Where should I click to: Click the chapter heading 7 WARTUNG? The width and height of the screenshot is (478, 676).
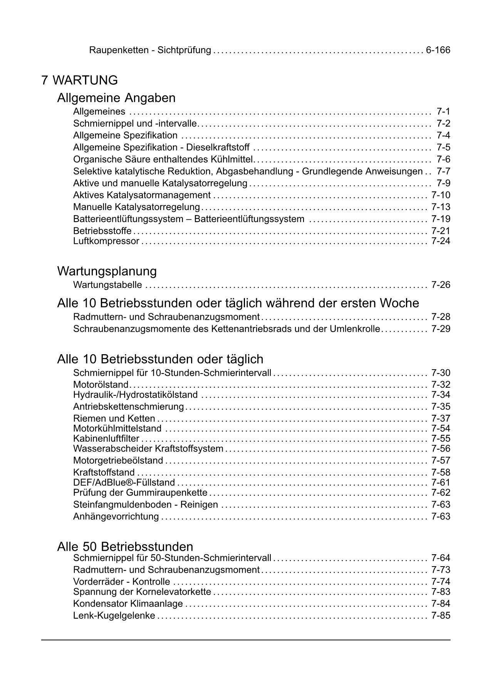pos(79,81)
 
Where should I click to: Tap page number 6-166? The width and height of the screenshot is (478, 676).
pos(438,50)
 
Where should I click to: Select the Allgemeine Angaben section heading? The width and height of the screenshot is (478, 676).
pos(116,98)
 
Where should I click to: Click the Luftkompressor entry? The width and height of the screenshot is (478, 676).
pos(106,241)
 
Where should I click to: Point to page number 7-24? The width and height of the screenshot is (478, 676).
pos(441,241)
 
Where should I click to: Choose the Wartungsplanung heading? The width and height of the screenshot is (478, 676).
pos(107,271)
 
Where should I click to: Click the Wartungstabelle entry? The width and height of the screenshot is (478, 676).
pos(107,285)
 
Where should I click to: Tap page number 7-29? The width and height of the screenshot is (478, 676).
pos(441,329)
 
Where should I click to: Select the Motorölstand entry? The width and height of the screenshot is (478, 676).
pos(101,385)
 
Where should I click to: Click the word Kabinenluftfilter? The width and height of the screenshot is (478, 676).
pos(106,439)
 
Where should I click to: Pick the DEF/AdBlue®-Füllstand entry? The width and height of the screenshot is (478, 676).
pos(124,483)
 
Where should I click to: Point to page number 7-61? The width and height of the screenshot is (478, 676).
pos(441,483)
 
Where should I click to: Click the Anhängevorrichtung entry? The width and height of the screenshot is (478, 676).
pos(116,516)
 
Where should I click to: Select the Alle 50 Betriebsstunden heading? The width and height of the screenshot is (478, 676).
pos(125,547)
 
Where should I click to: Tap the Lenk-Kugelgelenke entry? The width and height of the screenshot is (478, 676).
pos(114,615)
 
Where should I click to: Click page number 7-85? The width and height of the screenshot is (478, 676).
pos(441,615)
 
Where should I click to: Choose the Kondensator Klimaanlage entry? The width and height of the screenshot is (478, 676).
pos(128,604)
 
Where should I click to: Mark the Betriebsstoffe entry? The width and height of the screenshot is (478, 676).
pos(102,231)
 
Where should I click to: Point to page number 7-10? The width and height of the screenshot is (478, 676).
pos(441,195)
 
